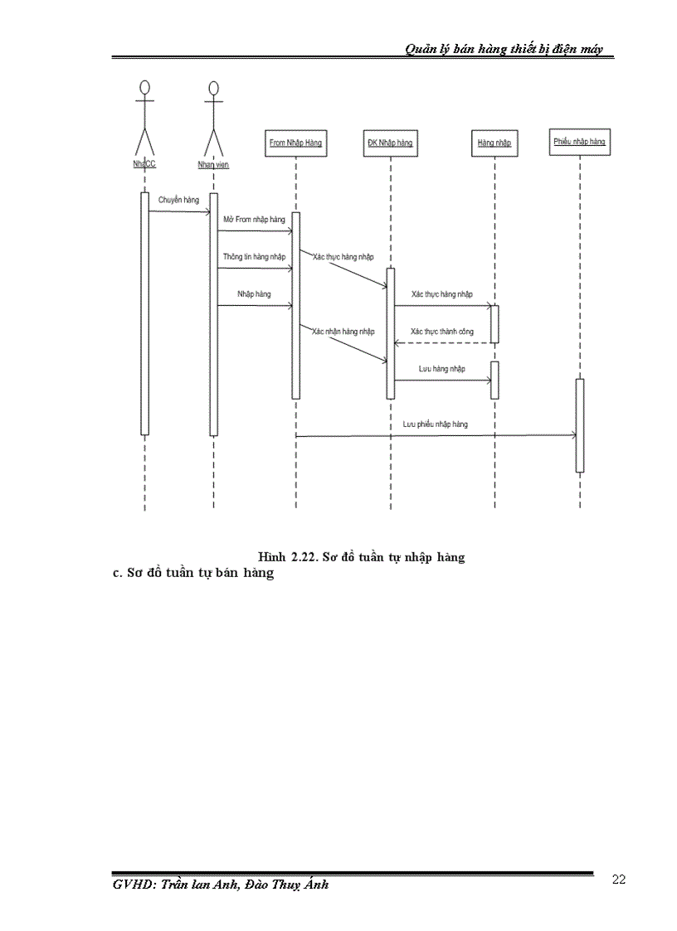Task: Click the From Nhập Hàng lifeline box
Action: [x=295, y=143]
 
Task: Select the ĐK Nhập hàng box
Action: [x=390, y=143]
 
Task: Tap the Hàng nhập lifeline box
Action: [x=494, y=143]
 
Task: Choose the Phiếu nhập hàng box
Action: [x=579, y=142]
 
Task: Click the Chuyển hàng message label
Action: [x=179, y=200]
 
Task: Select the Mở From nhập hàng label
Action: [x=255, y=220]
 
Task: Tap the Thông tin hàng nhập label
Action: [x=254, y=257]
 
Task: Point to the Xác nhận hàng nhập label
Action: [x=343, y=331]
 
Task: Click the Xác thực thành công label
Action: [x=442, y=331]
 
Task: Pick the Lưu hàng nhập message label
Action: [x=441, y=368]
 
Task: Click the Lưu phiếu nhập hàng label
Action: [x=436, y=424]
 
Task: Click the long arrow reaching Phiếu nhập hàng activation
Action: [x=436, y=435]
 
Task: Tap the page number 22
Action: [x=618, y=880]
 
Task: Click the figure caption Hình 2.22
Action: [x=361, y=557]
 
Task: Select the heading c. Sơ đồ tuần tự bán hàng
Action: [x=192, y=573]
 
